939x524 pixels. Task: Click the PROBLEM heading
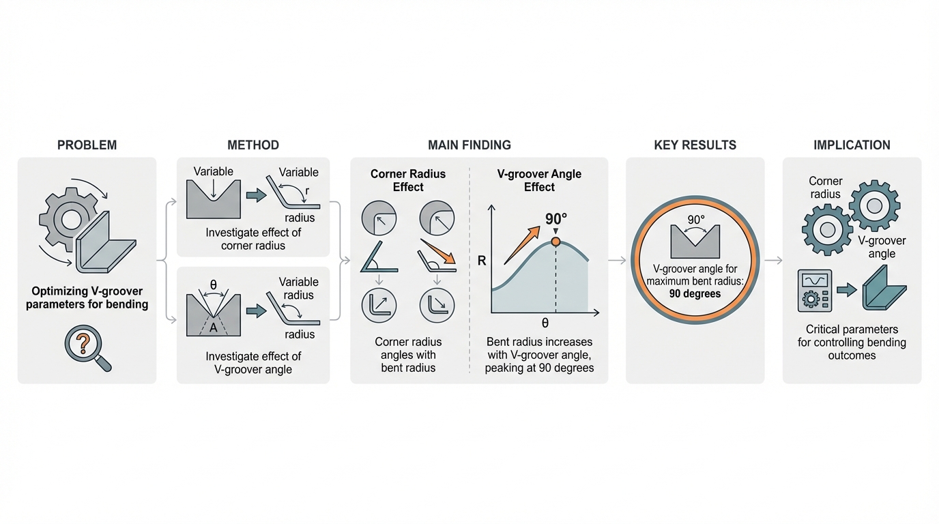[87, 145]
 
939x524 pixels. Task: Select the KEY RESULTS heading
[695, 145]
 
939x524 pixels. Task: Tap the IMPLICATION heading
[852, 145]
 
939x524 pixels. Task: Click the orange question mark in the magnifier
[83, 343]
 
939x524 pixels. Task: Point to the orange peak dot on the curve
[556, 242]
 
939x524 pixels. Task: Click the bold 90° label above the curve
[556, 219]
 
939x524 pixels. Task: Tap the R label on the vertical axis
[482, 261]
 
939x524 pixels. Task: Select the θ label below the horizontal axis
[545, 323]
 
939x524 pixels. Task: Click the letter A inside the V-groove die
[214, 327]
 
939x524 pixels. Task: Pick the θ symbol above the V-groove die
[214, 285]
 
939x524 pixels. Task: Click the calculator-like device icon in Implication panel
[815, 291]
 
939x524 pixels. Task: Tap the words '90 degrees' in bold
[695, 294]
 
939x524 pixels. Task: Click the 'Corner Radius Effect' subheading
[408, 180]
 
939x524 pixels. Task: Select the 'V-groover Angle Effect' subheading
[539, 180]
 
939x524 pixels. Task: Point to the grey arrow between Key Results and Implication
[773, 261]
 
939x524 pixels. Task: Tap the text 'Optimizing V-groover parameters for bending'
[87, 297]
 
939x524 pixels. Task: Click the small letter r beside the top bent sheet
[307, 191]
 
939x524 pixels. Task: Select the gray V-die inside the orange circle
[695, 242]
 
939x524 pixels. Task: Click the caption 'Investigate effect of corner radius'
[253, 239]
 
